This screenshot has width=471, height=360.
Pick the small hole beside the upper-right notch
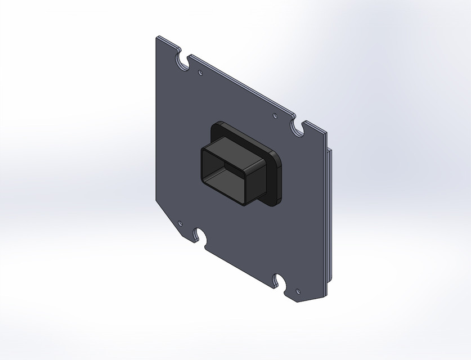click(x=275, y=116)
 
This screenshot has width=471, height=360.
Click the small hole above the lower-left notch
click(x=180, y=223)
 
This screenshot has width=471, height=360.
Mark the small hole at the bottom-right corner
click(x=298, y=291)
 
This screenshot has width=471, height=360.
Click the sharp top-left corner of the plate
click(x=157, y=38)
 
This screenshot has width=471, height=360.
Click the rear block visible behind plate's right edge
click(x=330, y=214)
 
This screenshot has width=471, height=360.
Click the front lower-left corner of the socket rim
click(x=203, y=179)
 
